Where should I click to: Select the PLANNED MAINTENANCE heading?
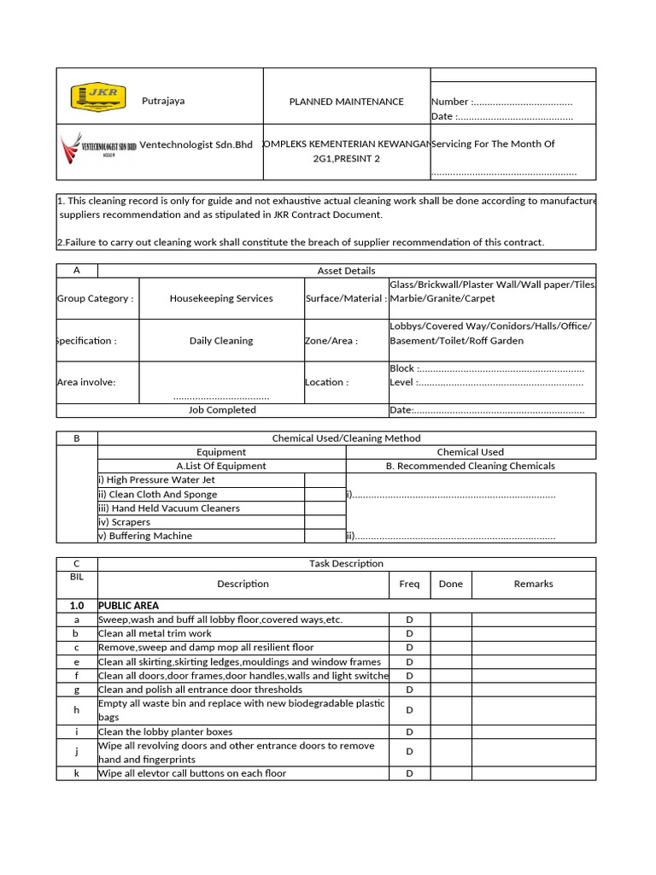[346, 102]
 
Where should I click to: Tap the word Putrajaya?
[163, 101]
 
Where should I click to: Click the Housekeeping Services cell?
[221, 298]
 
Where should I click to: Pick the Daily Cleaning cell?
[221, 340]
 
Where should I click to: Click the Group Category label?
[95, 298]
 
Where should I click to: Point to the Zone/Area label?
[331, 340]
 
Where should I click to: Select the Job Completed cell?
[221, 410]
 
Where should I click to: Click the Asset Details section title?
[346, 271]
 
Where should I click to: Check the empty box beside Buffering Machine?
[325, 536]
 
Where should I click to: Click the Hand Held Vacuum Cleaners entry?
[169, 508]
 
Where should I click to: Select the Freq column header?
[409, 584]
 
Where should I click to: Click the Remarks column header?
[533, 584]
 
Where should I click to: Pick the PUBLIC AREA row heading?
[128, 605]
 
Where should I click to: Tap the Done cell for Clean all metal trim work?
[450, 634]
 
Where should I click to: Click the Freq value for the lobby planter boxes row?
[409, 731]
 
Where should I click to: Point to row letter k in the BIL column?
[77, 773]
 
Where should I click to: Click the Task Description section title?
[346, 564]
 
